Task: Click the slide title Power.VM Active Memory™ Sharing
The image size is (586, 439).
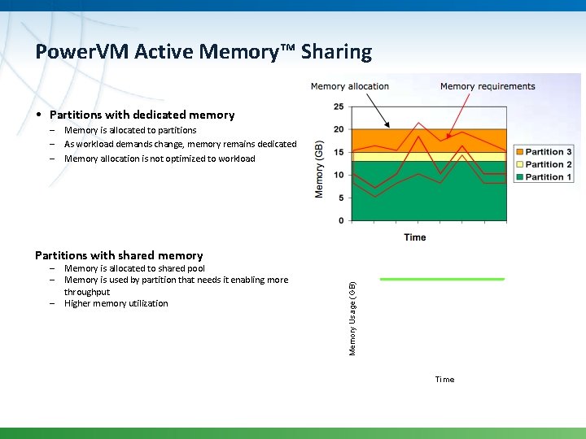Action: pyautogui.click(x=203, y=52)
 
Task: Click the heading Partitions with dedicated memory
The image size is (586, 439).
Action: pyautogui.click(x=142, y=115)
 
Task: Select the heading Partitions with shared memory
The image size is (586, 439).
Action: pyautogui.click(x=119, y=255)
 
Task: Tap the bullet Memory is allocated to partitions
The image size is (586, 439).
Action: pyautogui.click(x=130, y=130)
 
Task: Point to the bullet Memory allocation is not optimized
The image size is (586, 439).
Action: pyautogui.click(x=160, y=159)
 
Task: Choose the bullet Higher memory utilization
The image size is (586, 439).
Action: pyautogui.click(x=116, y=303)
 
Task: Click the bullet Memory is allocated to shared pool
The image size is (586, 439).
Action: pyautogui.click(x=134, y=268)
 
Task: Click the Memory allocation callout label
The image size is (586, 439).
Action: pyautogui.click(x=350, y=86)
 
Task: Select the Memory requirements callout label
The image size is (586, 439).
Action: pyautogui.click(x=488, y=86)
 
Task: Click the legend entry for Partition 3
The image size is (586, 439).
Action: pyautogui.click(x=548, y=152)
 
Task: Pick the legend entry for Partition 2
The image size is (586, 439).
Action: pyautogui.click(x=548, y=164)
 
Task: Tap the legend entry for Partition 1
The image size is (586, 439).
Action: pyautogui.click(x=548, y=176)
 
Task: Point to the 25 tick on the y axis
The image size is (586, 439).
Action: pyautogui.click(x=339, y=106)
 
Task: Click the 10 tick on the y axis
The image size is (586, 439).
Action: pyautogui.click(x=339, y=175)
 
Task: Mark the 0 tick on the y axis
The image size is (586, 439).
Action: pyautogui.click(x=340, y=220)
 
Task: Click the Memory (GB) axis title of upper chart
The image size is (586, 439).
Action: pyautogui.click(x=319, y=169)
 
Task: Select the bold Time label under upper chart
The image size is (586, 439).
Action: pyautogui.click(x=414, y=237)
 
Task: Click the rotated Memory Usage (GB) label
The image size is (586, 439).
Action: pyautogui.click(x=352, y=318)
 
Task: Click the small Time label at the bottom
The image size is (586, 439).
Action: pyautogui.click(x=444, y=380)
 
